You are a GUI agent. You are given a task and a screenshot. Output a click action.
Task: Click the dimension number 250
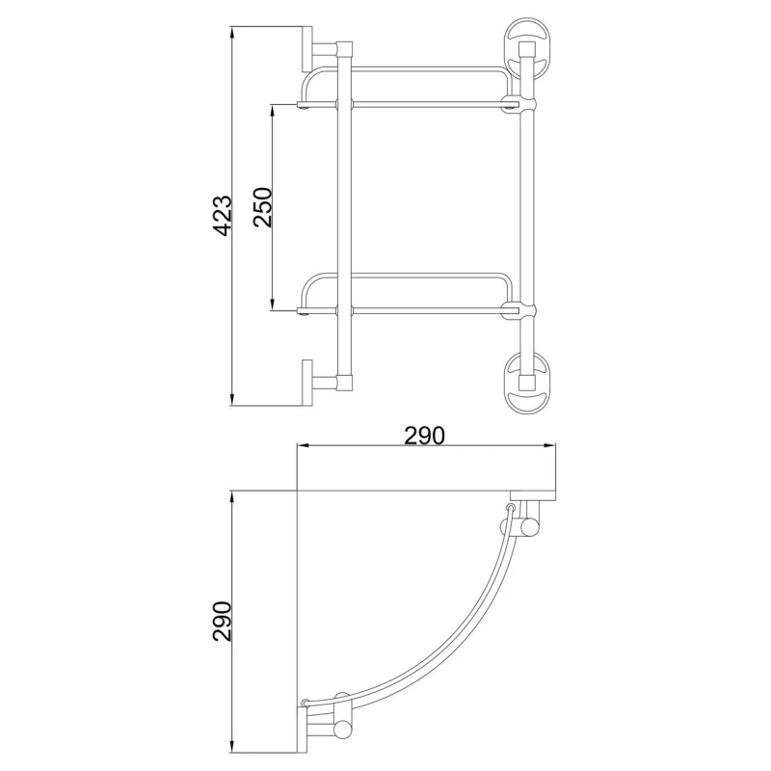(x=263, y=206)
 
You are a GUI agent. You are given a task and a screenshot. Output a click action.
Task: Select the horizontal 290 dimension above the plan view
(x=424, y=435)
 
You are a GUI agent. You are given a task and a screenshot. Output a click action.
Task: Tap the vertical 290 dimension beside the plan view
(x=223, y=622)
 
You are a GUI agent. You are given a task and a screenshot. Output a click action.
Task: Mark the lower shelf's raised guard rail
(x=405, y=277)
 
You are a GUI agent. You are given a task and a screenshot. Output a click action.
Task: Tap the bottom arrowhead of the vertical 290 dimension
(x=232, y=746)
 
